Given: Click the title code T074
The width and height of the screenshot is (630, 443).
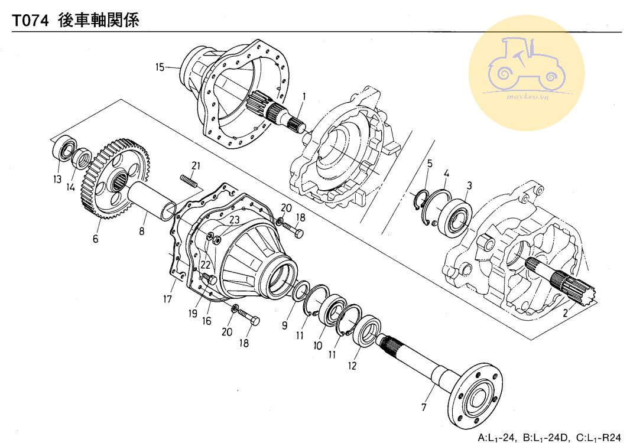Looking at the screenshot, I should [x=31, y=19].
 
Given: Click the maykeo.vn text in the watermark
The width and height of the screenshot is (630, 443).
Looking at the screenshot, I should [x=527, y=96].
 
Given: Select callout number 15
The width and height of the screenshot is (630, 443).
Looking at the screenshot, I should [x=160, y=67].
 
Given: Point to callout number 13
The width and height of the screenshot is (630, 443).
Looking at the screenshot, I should [x=57, y=180].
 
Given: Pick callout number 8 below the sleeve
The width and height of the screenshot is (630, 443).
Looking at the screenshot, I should [x=142, y=232].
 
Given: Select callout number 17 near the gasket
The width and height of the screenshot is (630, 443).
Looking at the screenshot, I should [x=168, y=299].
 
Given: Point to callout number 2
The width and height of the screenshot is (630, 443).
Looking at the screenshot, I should [x=565, y=314].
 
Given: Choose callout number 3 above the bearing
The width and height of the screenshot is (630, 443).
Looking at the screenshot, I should [x=468, y=185].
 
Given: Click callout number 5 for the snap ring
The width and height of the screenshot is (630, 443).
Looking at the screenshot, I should [x=430, y=162].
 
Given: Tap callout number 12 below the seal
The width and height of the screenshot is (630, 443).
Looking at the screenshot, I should [x=352, y=366].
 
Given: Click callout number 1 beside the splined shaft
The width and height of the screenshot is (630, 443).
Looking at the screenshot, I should [x=304, y=96].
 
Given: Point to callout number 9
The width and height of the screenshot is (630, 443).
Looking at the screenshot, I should [x=285, y=324].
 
